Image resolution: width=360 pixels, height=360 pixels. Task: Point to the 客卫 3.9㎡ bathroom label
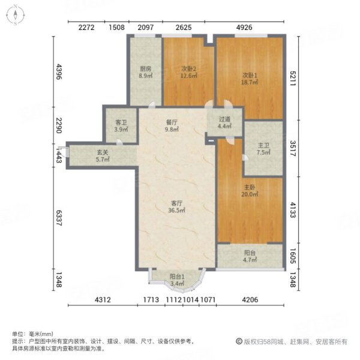tap(121, 126)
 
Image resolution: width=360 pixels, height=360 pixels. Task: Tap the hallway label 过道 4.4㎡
tap(224, 122)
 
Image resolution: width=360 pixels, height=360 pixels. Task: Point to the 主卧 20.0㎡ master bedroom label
tap(248, 191)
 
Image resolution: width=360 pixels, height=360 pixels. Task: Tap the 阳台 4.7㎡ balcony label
tap(250, 257)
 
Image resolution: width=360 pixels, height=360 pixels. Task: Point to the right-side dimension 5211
tap(292, 76)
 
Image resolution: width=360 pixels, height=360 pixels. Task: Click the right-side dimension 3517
tap(292, 148)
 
